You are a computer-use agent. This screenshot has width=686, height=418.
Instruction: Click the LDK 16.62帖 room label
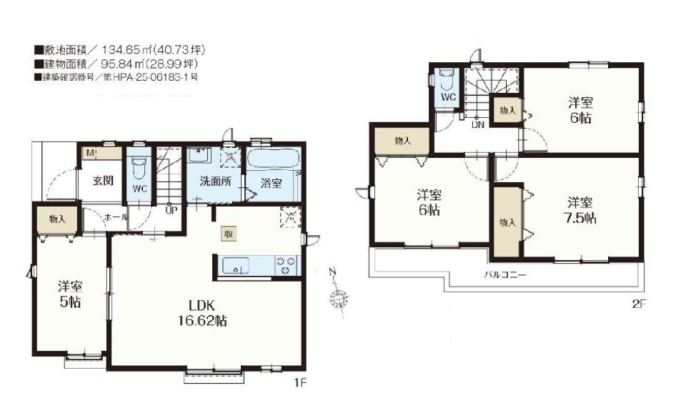coord(202,313)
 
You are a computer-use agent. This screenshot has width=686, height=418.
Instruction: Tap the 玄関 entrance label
coord(103,181)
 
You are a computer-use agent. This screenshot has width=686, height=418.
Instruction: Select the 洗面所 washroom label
coord(215,181)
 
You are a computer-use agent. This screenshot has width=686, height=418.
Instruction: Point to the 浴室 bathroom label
coord(272,183)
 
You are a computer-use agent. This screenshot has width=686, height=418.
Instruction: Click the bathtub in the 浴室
coord(273,159)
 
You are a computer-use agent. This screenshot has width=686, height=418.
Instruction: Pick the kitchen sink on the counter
coord(236,265)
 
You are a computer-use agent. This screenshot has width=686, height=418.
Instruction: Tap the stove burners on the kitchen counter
coord(286,266)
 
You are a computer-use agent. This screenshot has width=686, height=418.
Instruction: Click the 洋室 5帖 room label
coord(70,294)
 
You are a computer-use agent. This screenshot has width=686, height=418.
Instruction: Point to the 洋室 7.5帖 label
coord(580,210)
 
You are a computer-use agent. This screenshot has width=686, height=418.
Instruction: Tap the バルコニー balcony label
coord(505,275)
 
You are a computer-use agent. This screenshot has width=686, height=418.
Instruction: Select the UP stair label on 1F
coord(171,210)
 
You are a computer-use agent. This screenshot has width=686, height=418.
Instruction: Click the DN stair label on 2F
coord(477,124)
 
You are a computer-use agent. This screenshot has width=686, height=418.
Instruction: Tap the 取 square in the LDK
coord(229,234)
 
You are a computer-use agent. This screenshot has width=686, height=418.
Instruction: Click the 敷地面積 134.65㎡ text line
coord(119,50)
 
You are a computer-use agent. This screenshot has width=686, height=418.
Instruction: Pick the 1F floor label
coord(301,383)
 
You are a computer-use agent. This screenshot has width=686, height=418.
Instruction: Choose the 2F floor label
coord(639,304)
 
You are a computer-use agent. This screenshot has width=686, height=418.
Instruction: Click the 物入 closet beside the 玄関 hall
coord(57,219)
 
